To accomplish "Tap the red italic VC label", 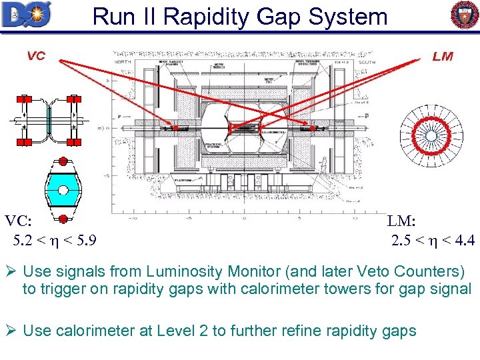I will click(x=36, y=55).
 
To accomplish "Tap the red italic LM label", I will click(x=442, y=56).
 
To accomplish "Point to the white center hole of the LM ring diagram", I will click(x=431, y=135).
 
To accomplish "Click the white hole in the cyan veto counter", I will click(x=63, y=190).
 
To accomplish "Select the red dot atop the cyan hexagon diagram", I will click(x=63, y=162).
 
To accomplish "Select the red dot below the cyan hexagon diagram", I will click(x=63, y=219).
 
